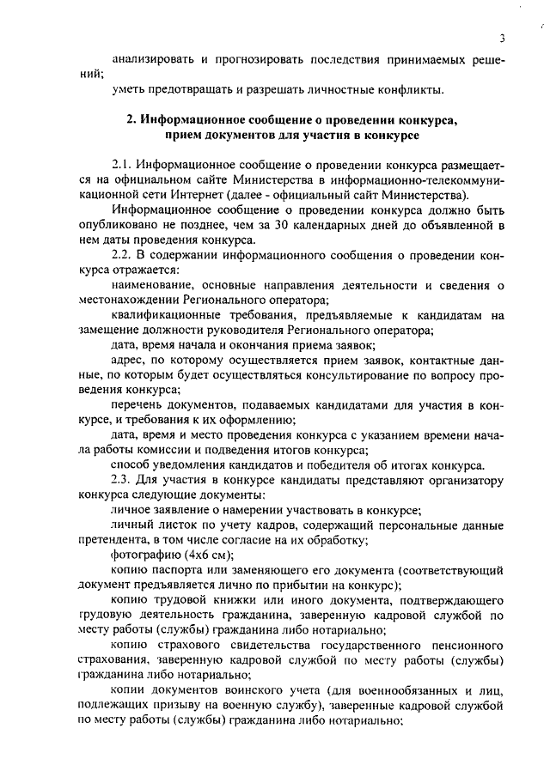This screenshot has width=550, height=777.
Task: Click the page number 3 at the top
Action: click(x=499, y=38)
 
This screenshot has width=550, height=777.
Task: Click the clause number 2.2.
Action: click(x=124, y=255)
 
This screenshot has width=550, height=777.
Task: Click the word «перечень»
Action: click(x=135, y=405)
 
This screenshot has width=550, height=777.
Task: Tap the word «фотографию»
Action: click(x=143, y=555)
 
